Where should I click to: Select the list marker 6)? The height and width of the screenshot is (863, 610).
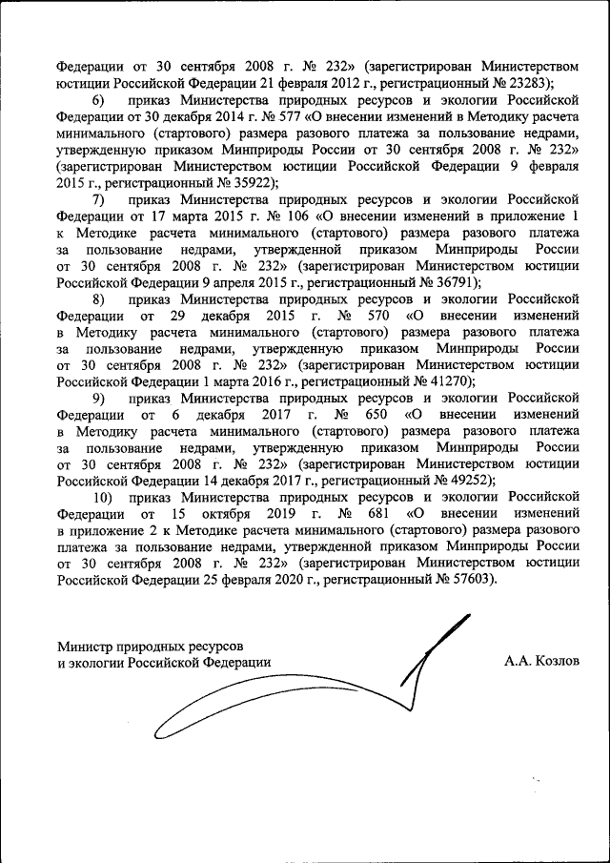point(98,100)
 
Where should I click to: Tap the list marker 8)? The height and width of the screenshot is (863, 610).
point(98,298)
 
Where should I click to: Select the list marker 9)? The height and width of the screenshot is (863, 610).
point(98,398)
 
